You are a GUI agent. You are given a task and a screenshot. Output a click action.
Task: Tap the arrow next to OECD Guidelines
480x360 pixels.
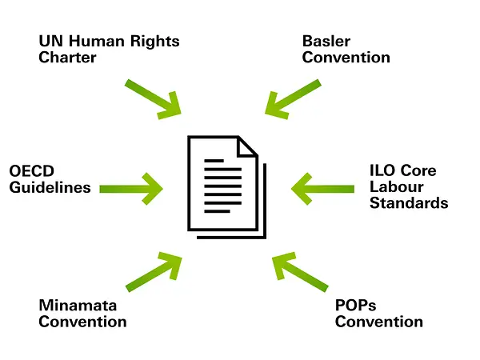132,189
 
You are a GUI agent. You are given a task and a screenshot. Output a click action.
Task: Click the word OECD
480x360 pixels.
32,172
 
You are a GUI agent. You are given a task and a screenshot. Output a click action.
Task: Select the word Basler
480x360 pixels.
326,41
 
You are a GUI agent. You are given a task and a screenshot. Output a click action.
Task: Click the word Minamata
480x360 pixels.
78,306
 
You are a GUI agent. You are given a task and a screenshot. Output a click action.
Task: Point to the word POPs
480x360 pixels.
355,306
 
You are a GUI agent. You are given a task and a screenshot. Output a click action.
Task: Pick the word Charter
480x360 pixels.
67,57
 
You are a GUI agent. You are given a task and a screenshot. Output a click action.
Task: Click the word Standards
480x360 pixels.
409,203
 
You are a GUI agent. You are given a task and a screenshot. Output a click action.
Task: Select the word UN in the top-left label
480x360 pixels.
50,41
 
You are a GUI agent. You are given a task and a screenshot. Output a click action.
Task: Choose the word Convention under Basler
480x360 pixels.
346,57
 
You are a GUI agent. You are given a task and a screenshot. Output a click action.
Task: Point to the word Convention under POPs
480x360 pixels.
378,322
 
